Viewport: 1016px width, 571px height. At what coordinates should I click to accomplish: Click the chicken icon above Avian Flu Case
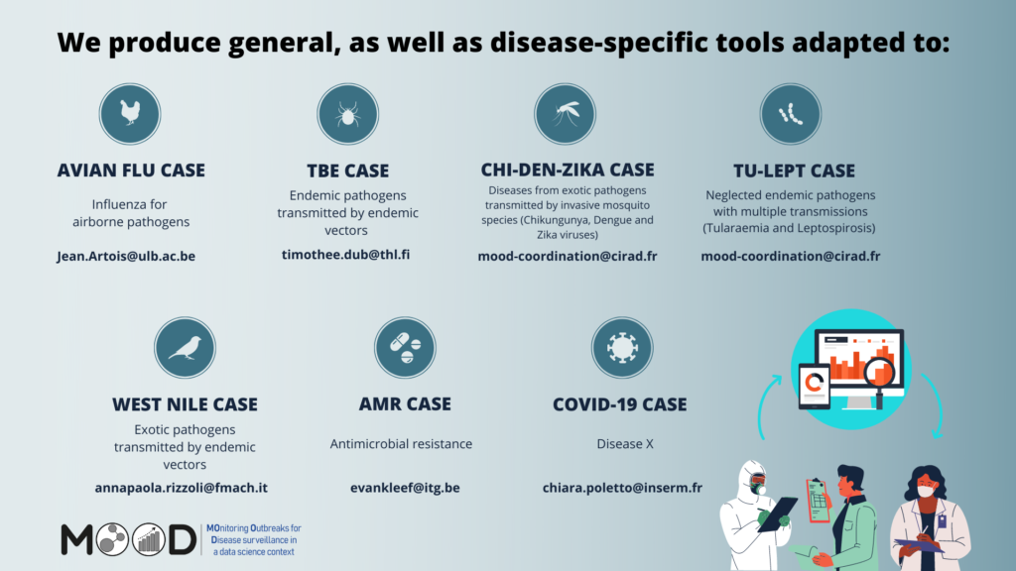point(130,114)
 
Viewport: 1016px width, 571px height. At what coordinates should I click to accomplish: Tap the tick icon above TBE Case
point(348,114)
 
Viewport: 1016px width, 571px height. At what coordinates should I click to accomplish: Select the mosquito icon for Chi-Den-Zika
point(565,114)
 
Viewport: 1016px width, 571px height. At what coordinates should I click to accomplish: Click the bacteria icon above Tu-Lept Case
point(791,114)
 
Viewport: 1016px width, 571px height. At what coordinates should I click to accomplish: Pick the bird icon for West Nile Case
point(185,348)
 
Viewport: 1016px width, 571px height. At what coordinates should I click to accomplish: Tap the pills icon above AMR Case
point(405,348)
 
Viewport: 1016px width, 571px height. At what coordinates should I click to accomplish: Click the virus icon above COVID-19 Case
point(622,348)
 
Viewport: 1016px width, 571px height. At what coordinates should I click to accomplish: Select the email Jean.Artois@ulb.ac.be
point(126,257)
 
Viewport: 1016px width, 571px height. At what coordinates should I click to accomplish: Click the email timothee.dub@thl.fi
point(346,255)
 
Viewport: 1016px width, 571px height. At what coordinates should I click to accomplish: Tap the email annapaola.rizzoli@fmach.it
point(182,488)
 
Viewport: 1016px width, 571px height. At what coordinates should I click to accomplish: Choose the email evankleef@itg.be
point(405,488)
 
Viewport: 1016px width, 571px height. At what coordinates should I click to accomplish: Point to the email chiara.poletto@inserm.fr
point(622,488)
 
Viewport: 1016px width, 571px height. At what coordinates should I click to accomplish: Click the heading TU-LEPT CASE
point(795,171)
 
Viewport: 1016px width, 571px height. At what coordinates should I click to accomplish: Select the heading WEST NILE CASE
point(185,404)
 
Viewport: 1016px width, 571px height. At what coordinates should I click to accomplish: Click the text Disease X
point(625,444)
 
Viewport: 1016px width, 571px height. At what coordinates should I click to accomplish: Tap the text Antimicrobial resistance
point(401,444)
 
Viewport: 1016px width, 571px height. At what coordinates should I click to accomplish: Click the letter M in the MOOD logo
point(77,540)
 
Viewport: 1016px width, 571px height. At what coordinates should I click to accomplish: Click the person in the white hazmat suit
point(755,514)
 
